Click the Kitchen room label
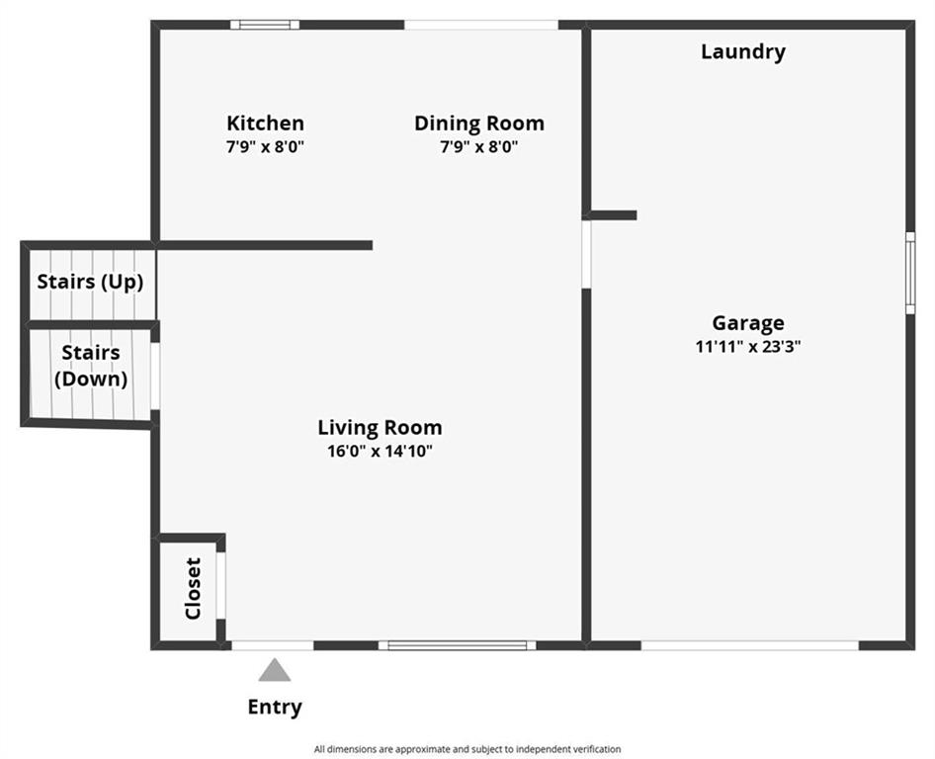265,124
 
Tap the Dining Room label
479,124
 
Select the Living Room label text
380,428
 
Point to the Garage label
748,324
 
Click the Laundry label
743,51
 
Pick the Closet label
193,588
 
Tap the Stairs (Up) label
91,282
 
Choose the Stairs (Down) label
91,366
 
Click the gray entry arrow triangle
275,670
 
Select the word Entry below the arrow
275,708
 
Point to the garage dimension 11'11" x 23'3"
748,347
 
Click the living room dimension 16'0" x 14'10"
380,451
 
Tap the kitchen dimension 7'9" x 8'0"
265,146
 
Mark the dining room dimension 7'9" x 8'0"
479,146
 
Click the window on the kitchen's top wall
265,25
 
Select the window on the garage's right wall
910,273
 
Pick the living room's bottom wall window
458,645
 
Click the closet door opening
220,585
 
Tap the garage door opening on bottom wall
749,645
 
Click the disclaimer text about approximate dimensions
467,749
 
